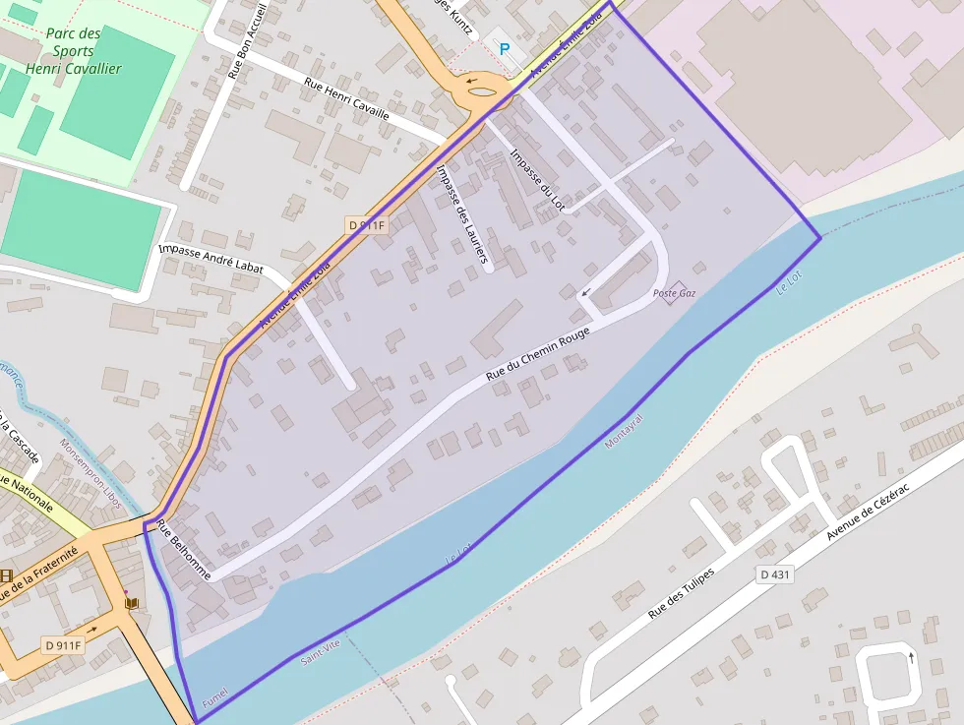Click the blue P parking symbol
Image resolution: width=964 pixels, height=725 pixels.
click(505, 48)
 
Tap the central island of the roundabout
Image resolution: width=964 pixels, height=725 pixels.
click(483, 92)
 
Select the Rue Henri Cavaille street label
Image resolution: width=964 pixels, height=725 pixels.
click(346, 99)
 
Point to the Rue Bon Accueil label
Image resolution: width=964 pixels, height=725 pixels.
click(247, 40)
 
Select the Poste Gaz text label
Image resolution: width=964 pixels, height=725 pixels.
click(674, 293)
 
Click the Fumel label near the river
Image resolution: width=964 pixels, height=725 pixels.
click(214, 697)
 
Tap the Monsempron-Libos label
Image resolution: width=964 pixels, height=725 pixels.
click(90, 473)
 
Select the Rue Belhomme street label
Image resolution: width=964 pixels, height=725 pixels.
click(183, 551)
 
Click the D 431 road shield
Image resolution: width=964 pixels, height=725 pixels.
click(775, 574)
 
